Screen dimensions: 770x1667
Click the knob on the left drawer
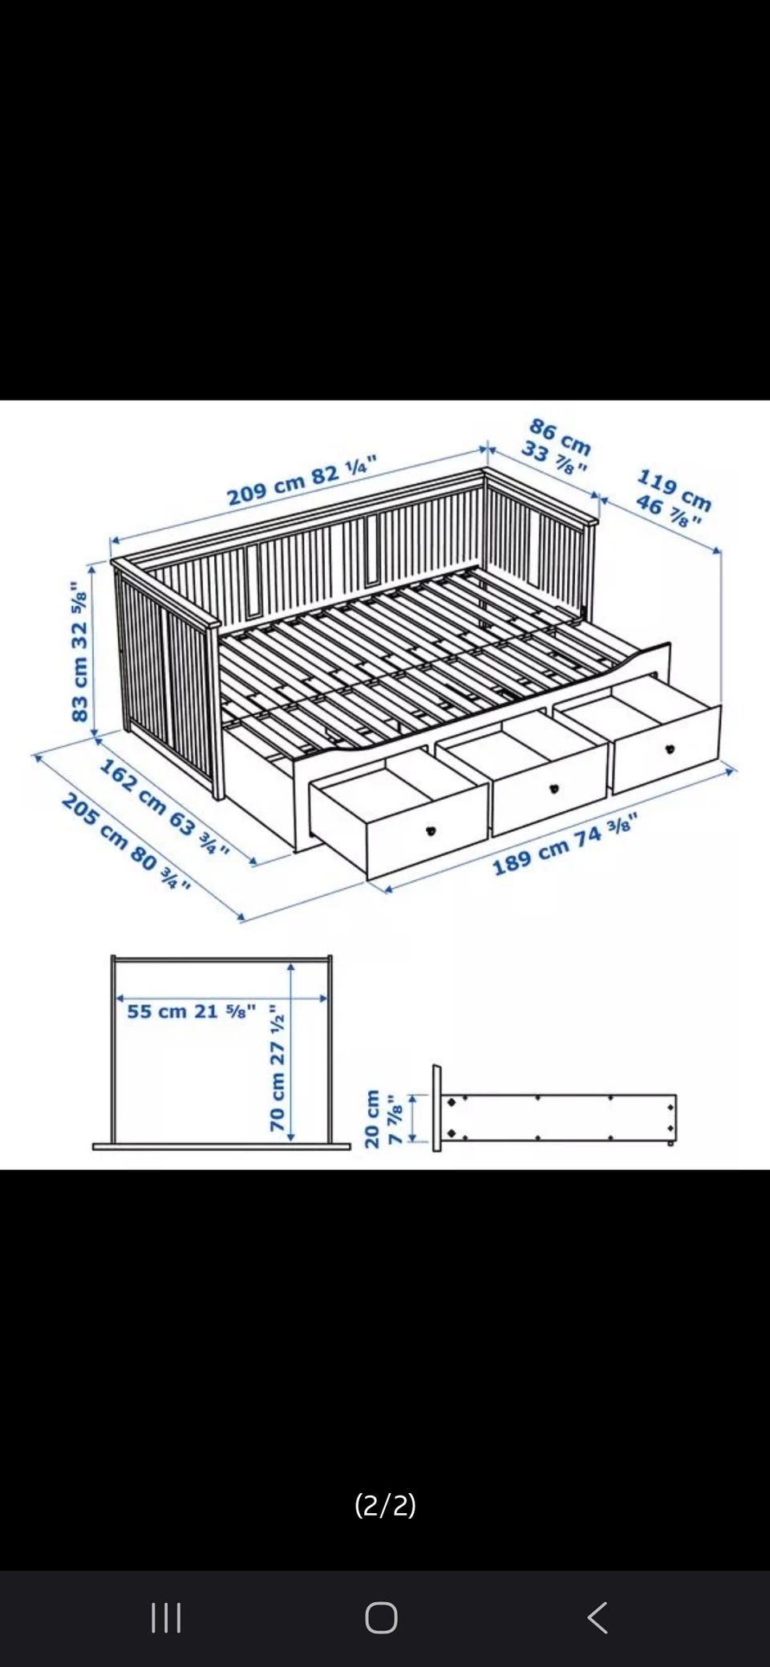coord(431,830)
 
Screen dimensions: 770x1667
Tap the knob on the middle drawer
coord(553,789)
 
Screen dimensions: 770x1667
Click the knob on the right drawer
coord(669,749)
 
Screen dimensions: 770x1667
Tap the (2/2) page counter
coord(385,1504)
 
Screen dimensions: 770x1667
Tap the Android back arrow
coord(598,1617)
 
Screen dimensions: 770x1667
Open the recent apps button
coord(166,1617)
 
